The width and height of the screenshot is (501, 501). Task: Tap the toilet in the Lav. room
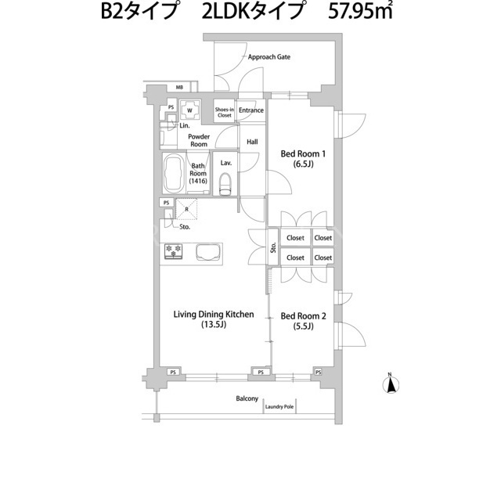(225, 184)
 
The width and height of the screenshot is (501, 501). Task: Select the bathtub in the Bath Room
(174, 174)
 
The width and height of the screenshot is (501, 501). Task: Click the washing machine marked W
(189, 110)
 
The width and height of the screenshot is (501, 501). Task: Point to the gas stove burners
(173, 251)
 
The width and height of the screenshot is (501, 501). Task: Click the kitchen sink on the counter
(208, 252)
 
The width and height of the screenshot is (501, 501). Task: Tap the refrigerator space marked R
(186, 209)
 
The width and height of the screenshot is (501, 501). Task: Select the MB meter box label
(179, 87)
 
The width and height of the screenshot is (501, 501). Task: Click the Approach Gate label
(269, 57)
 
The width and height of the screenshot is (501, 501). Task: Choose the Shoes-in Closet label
(225, 113)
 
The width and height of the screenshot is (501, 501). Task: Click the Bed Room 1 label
(303, 159)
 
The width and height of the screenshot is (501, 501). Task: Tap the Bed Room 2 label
(303, 321)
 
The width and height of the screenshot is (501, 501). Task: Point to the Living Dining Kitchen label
(214, 319)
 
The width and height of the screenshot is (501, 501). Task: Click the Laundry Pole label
(279, 407)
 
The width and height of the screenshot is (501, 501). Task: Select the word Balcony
(247, 398)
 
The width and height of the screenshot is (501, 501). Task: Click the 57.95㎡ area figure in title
(360, 13)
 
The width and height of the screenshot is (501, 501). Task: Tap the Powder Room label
(199, 141)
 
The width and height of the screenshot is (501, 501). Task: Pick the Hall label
(252, 142)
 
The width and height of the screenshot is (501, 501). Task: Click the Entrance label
(251, 110)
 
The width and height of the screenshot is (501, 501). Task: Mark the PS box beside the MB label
(171, 108)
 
